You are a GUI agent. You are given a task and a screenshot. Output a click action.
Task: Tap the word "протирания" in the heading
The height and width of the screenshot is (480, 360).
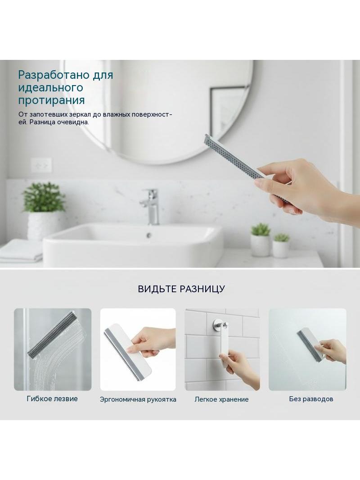point(51,100)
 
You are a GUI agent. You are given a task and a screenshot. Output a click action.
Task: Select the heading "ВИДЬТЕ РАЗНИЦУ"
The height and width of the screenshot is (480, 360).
point(181,289)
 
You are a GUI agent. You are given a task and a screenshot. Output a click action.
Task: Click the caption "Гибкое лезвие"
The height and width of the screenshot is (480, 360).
point(52,398)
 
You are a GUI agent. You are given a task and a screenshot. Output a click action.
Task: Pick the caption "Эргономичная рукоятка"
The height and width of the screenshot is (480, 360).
point(138,399)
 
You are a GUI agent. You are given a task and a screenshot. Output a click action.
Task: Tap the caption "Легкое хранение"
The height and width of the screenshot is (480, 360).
point(221,399)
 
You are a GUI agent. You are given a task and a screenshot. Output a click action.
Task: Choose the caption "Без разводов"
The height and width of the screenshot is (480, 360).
point(311,399)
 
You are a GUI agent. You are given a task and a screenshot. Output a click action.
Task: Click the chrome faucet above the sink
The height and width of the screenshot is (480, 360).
point(150,207)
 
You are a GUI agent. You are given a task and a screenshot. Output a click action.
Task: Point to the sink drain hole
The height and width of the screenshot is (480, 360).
point(149,235)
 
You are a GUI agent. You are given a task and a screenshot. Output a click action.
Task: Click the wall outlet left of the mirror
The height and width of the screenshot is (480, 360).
point(41,165)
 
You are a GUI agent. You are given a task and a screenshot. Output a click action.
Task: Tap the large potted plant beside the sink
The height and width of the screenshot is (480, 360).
point(44,211)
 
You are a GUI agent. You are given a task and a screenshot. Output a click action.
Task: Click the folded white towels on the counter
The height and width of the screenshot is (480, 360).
point(21,251)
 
